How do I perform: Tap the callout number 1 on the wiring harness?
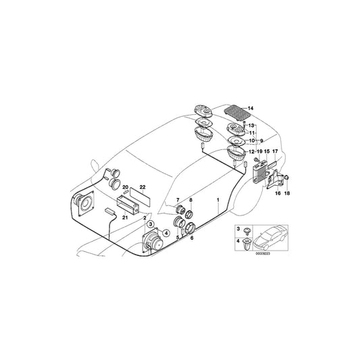(217, 201)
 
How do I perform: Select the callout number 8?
(191, 201)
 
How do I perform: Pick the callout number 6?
(192, 238)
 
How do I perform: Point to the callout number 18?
(288, 192)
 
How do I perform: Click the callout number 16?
(277, 192)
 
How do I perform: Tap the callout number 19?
(258, 152)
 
